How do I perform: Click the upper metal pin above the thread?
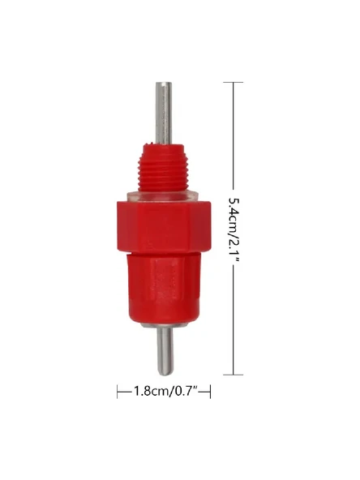[x=164, y=113]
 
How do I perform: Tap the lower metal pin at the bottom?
[x=165, y=351]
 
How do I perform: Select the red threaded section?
[x=163, y=168]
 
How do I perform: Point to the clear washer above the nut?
[x=163, y=196]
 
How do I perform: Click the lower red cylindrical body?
[x=164, y=289]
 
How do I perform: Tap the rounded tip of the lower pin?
[x=165, y=372]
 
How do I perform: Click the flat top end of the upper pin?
[x=164, y=83]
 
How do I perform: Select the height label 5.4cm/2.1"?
[x=234, y=229]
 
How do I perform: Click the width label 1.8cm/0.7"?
[x=164, y=392]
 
